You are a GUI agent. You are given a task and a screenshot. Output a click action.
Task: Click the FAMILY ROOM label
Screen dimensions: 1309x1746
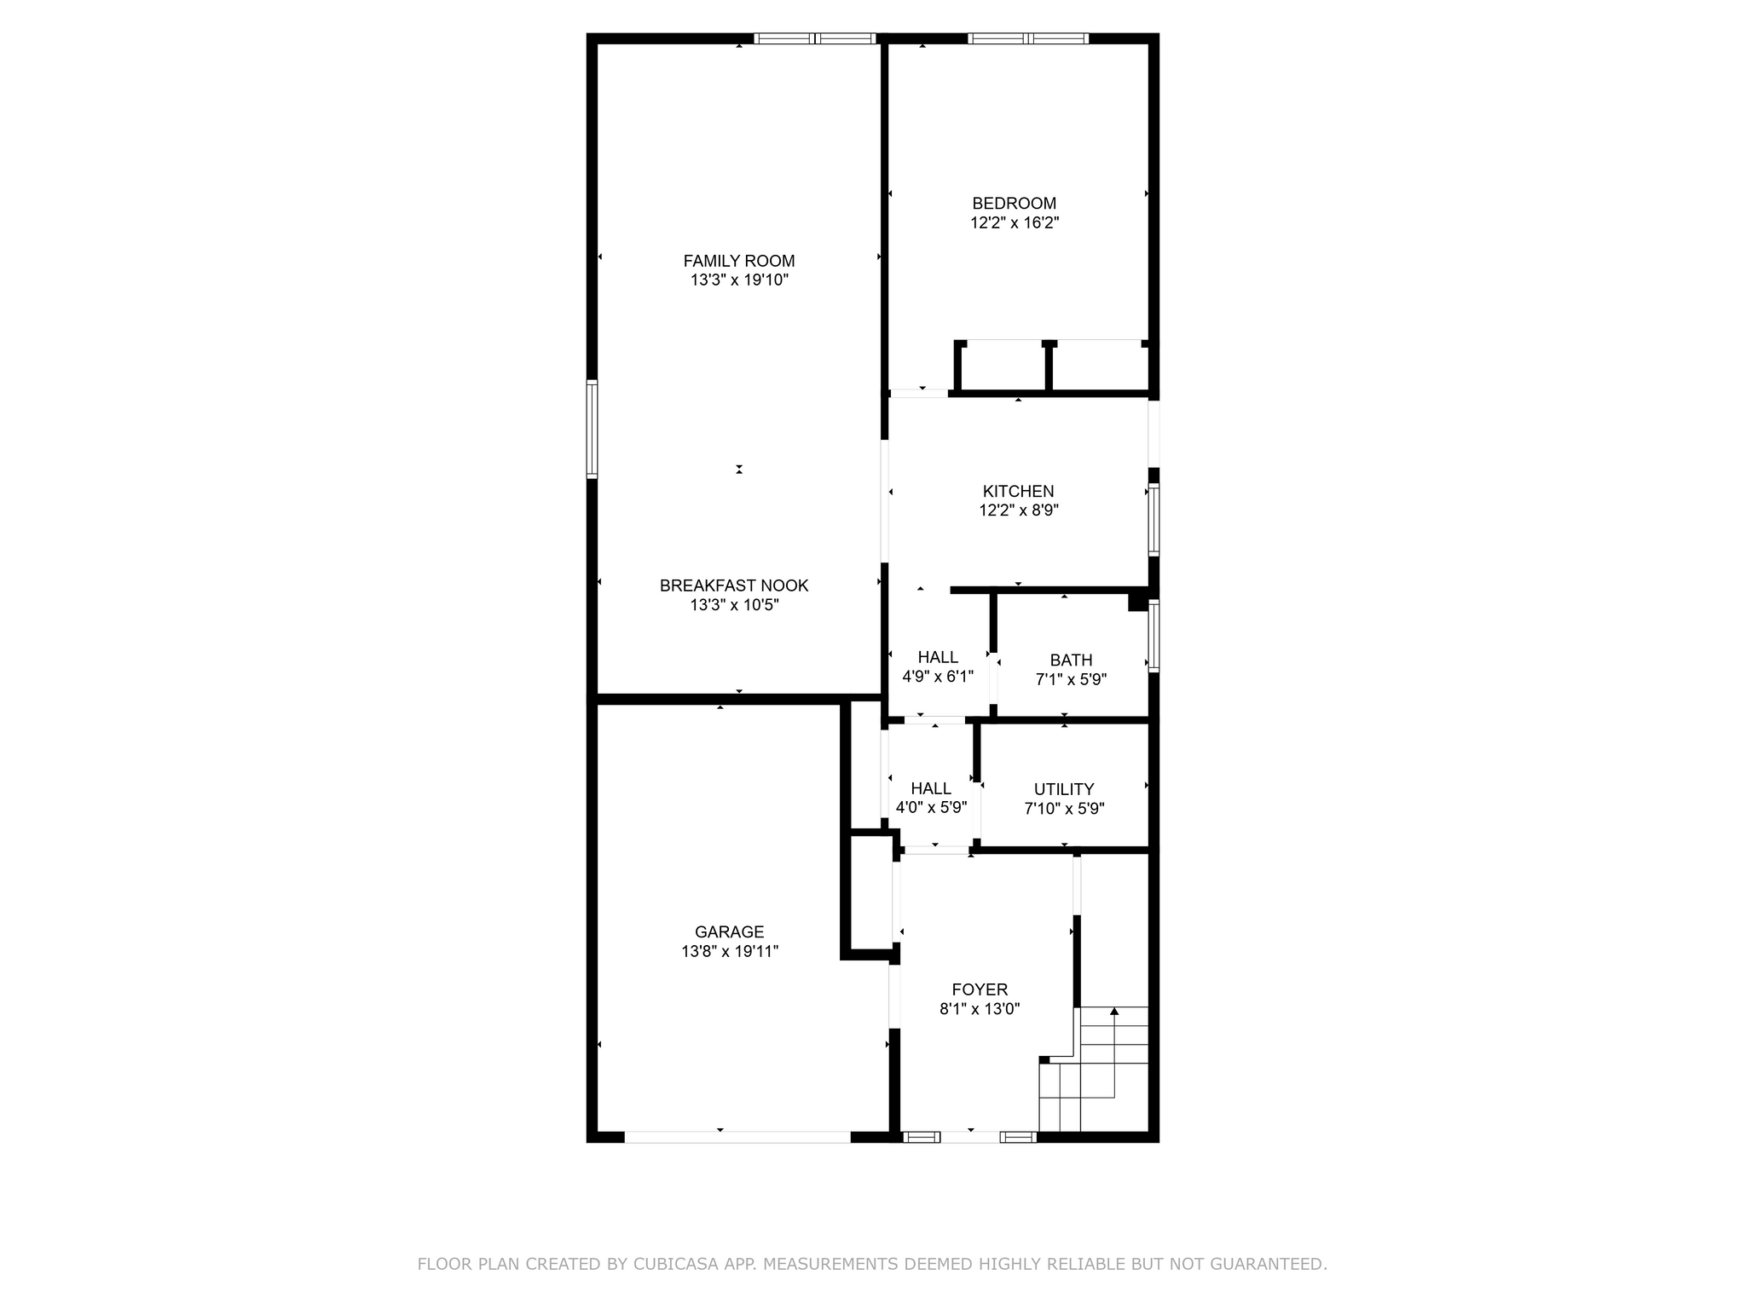coord(738,261)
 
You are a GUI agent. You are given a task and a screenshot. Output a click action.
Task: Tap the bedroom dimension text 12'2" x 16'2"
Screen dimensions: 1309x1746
coord(1014,223)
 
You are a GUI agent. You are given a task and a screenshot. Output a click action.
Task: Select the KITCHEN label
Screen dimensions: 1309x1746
coord(1018,491)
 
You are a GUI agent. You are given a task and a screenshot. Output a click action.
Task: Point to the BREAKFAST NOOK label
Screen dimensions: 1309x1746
coord(733,585)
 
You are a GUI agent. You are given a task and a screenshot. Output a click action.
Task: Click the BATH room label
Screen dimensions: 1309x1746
coord(1071,660)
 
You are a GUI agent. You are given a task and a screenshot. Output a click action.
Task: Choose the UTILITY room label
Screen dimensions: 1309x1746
coord(1063,789)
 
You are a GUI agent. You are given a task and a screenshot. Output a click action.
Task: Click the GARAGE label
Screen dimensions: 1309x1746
coord(729,931)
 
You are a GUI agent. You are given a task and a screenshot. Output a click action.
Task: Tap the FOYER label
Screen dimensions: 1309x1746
coord(980,989)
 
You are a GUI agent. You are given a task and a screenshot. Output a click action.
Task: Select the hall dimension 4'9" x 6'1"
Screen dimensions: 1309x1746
coord(938,677)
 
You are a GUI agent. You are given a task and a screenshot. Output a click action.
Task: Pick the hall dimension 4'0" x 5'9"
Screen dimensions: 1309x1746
coord(931,808)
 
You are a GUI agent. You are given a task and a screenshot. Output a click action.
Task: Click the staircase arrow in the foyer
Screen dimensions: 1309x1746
coord(1113,1012)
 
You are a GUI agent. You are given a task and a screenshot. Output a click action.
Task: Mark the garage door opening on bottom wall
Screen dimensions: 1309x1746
coord(737,1137)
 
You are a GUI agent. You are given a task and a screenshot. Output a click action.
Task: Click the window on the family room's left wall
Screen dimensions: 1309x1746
coord(592,429)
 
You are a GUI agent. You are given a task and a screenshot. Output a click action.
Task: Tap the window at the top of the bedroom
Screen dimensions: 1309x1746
coord(1028,38)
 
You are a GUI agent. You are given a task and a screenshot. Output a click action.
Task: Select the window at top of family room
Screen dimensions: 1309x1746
coord(815,38)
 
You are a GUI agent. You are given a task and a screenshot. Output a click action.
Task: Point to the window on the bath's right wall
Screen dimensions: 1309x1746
coord(1153,636)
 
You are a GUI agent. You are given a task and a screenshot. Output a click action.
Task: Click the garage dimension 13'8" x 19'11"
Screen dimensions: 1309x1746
coord(729,952)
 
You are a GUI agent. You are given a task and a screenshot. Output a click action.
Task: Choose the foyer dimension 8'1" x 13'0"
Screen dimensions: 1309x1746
coord(980,1009)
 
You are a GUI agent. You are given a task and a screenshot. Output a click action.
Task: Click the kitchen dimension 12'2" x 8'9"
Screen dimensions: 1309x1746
coord(1018,510)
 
